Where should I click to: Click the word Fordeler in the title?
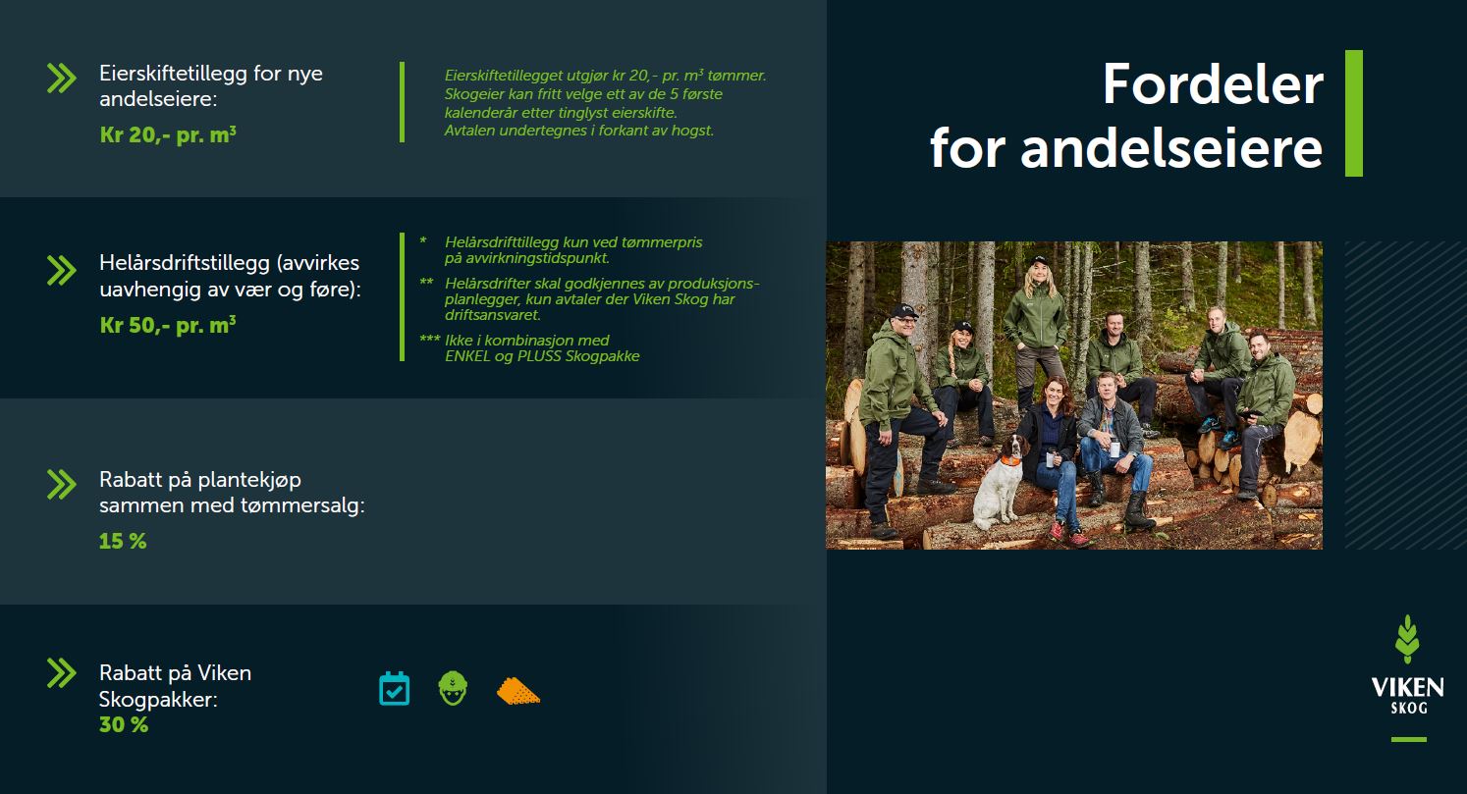point(1213,84)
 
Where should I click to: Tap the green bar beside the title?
point(1354,113)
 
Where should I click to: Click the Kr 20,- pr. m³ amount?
point(168,134)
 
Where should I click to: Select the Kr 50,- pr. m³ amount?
point(168,325)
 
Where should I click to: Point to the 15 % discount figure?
point(123,542)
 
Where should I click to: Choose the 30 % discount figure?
point(123,724)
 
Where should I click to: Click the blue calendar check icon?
point(395,689)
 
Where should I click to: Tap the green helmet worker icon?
point(453,689)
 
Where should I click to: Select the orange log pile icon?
point(518,691)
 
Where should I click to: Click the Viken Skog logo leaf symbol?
point(1407,640)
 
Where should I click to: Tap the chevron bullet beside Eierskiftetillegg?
point(62,79)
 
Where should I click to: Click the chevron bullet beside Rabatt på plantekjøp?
point(62,485)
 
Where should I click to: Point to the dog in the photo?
point(1000,482)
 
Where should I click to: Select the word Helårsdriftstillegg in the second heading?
point(185,263)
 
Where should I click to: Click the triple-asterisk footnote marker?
point(430,340)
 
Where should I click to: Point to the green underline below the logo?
point(1409,740)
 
